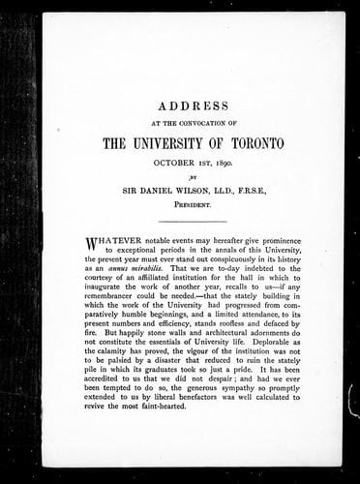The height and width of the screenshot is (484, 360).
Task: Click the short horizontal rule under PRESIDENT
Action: pyautogui.click(x=180, y=224)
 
